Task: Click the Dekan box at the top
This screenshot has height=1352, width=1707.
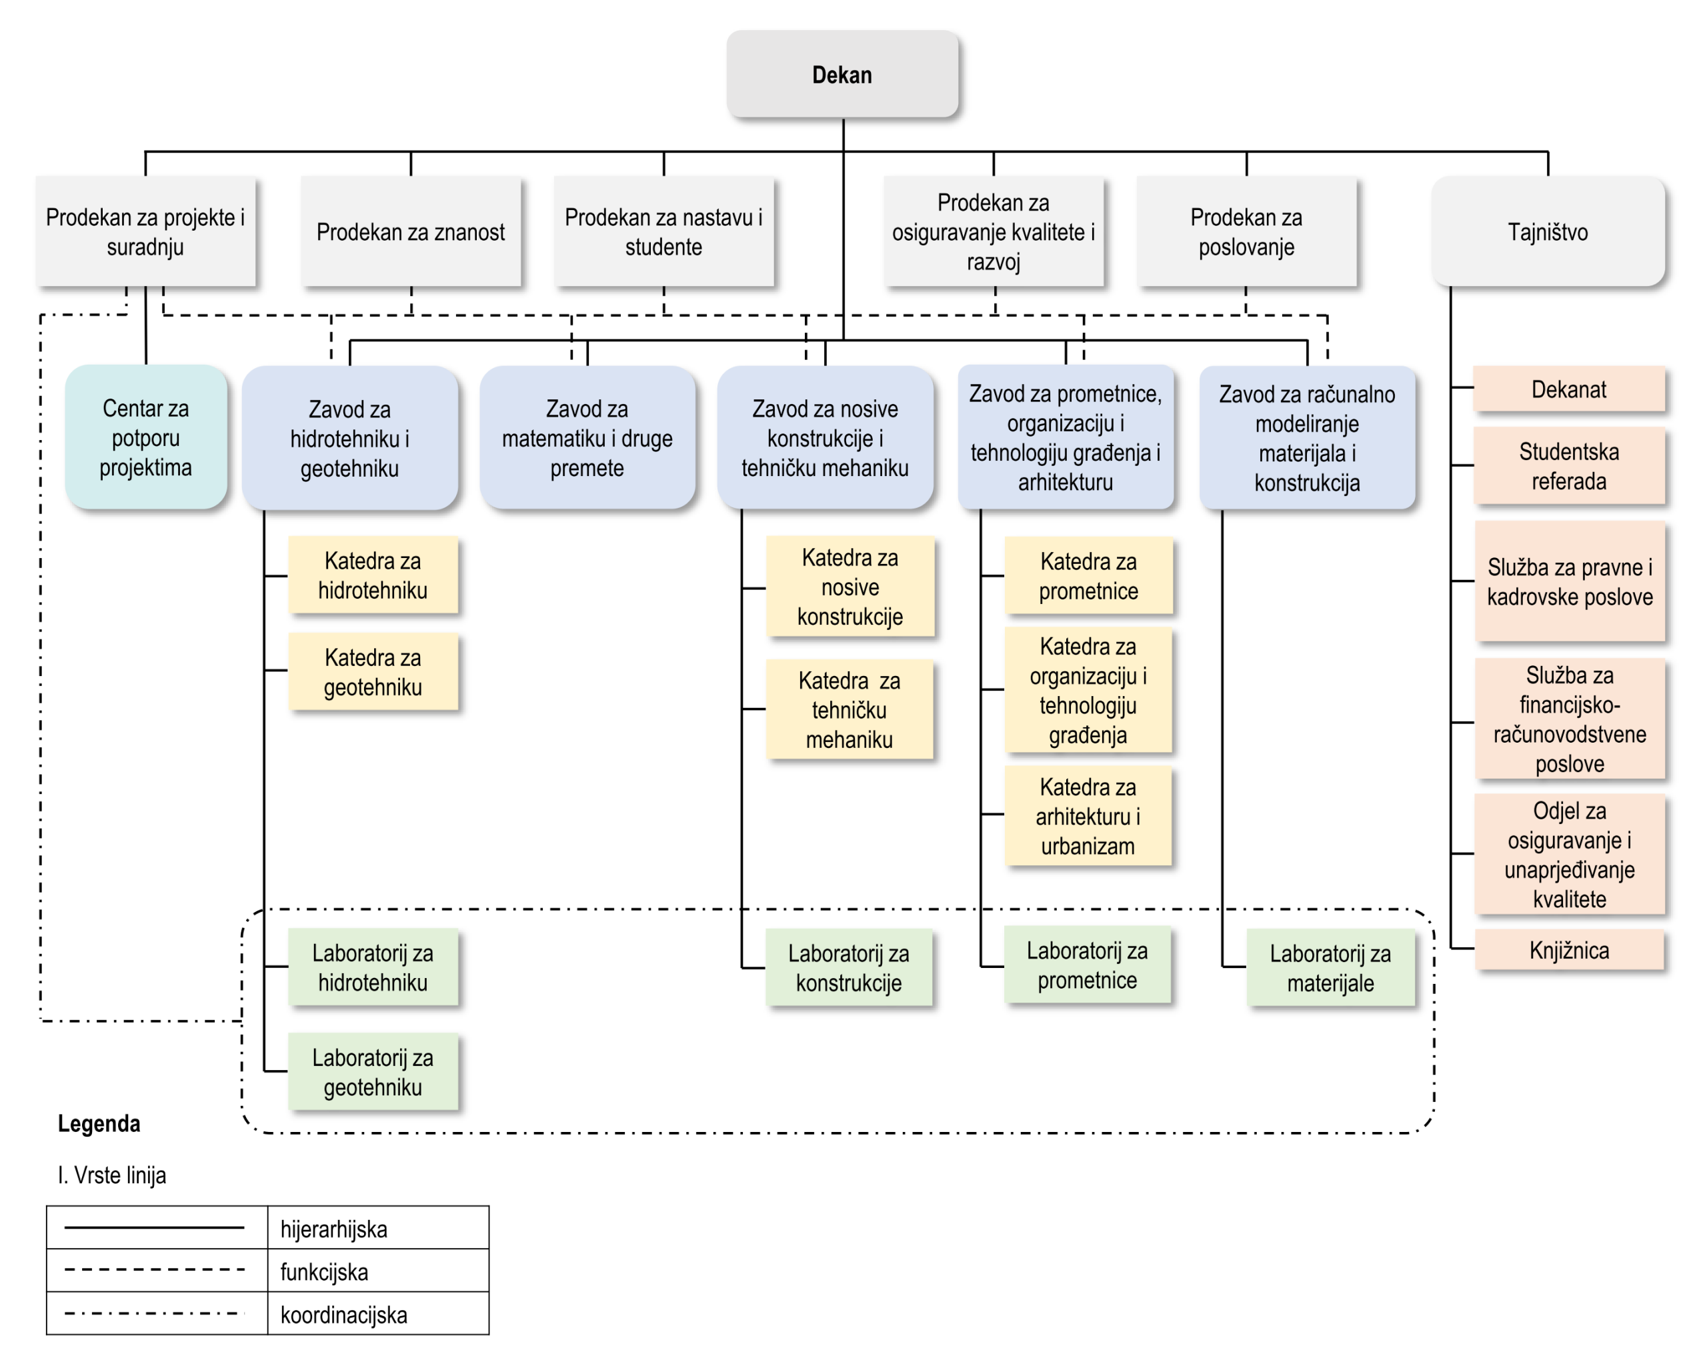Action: click(x=842, y=75)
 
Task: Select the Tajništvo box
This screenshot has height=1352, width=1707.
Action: click(x=1547, y=231)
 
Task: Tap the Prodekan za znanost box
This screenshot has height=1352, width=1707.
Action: click(x=411, y=231)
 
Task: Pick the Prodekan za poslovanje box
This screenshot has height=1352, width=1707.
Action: click(x=1246, y=231)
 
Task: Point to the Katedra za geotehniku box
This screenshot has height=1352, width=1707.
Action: click(x=373, y=671)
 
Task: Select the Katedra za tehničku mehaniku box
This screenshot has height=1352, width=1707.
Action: click(x=849, y=709)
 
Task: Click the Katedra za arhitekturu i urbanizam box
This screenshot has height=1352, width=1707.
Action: click(x=1088, y=815)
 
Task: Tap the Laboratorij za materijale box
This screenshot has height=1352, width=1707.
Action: click(x=1330, y=967)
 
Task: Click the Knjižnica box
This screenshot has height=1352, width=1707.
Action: click(x=1569, y=949)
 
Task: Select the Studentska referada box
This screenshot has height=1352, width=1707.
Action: click(x=1569, y=465)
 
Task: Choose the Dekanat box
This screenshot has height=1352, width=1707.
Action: click(x=1569, y=389)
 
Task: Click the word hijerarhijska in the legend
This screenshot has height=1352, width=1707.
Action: click(x=334, y=1229)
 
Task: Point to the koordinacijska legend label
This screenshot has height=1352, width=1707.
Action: click(x=343, y=1315)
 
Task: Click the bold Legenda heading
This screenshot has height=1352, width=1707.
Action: click(x=99, y=1123)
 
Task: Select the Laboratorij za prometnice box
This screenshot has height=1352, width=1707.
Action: click(x=1088, y=965)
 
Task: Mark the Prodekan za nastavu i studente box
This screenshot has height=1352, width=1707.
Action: click(x=663, y=231)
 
